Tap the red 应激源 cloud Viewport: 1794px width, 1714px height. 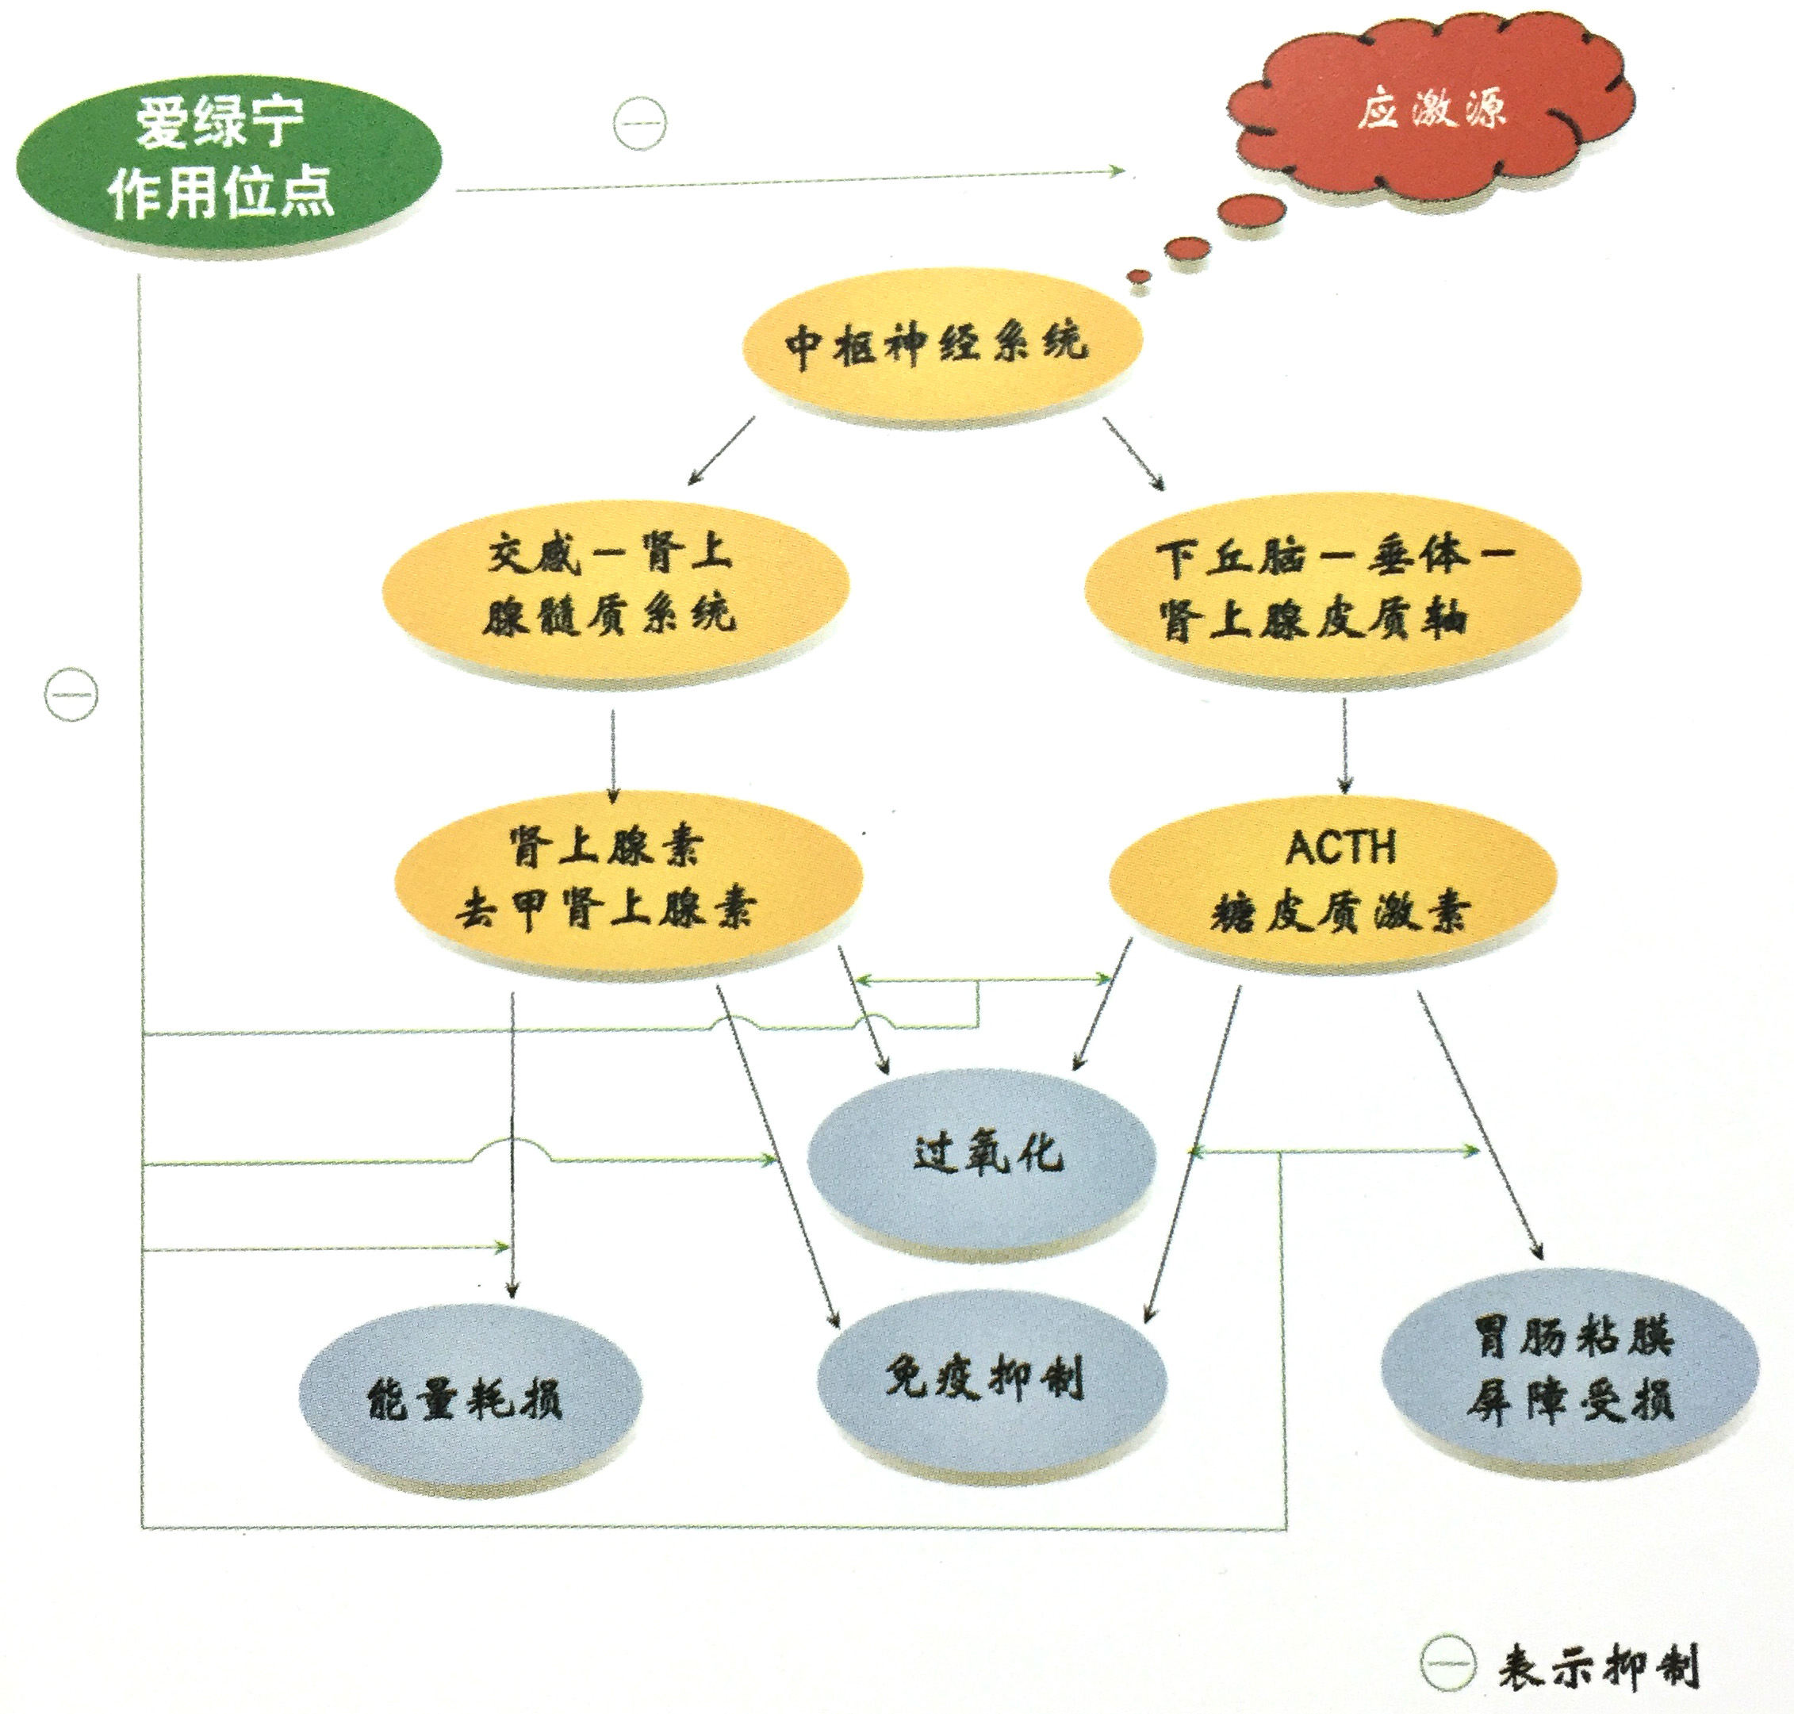point(1429,114)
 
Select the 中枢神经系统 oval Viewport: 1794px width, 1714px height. point(941,344)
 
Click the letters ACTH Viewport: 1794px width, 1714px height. point(1340,848)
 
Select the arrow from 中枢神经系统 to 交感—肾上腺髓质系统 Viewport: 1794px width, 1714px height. point(722,450)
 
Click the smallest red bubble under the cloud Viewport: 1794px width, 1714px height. point(1138,277)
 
